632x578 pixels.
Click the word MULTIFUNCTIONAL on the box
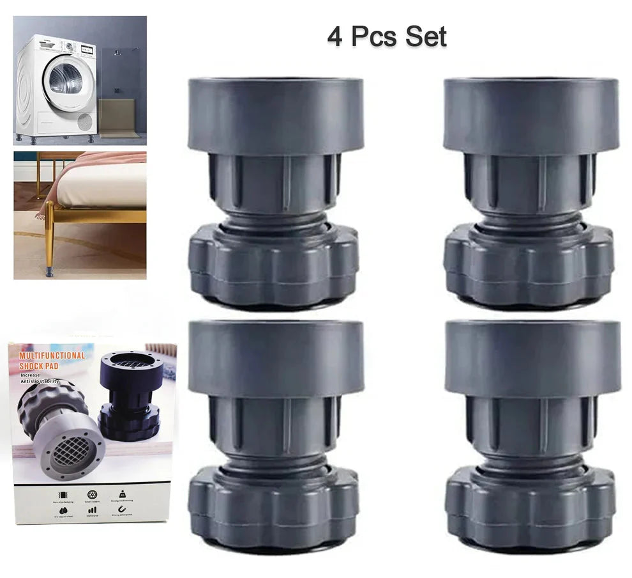[x=52, y=355]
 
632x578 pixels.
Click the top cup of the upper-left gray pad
[x=275, y=115]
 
